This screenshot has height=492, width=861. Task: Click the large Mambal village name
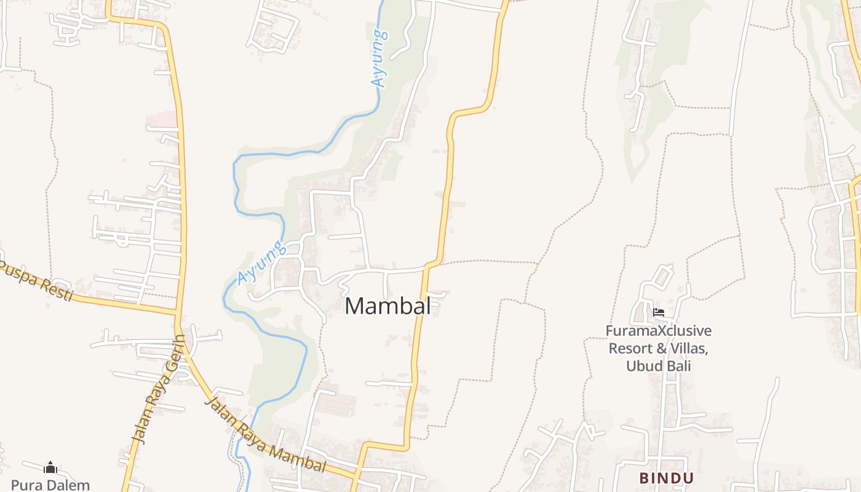[x=387, y=306]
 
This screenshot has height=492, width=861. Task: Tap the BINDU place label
[x=667, y=478]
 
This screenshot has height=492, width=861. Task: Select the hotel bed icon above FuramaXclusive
[x=658, y=312]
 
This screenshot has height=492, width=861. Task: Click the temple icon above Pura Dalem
[x=50, y=468]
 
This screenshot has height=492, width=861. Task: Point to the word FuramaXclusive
[x=658, y=331]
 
